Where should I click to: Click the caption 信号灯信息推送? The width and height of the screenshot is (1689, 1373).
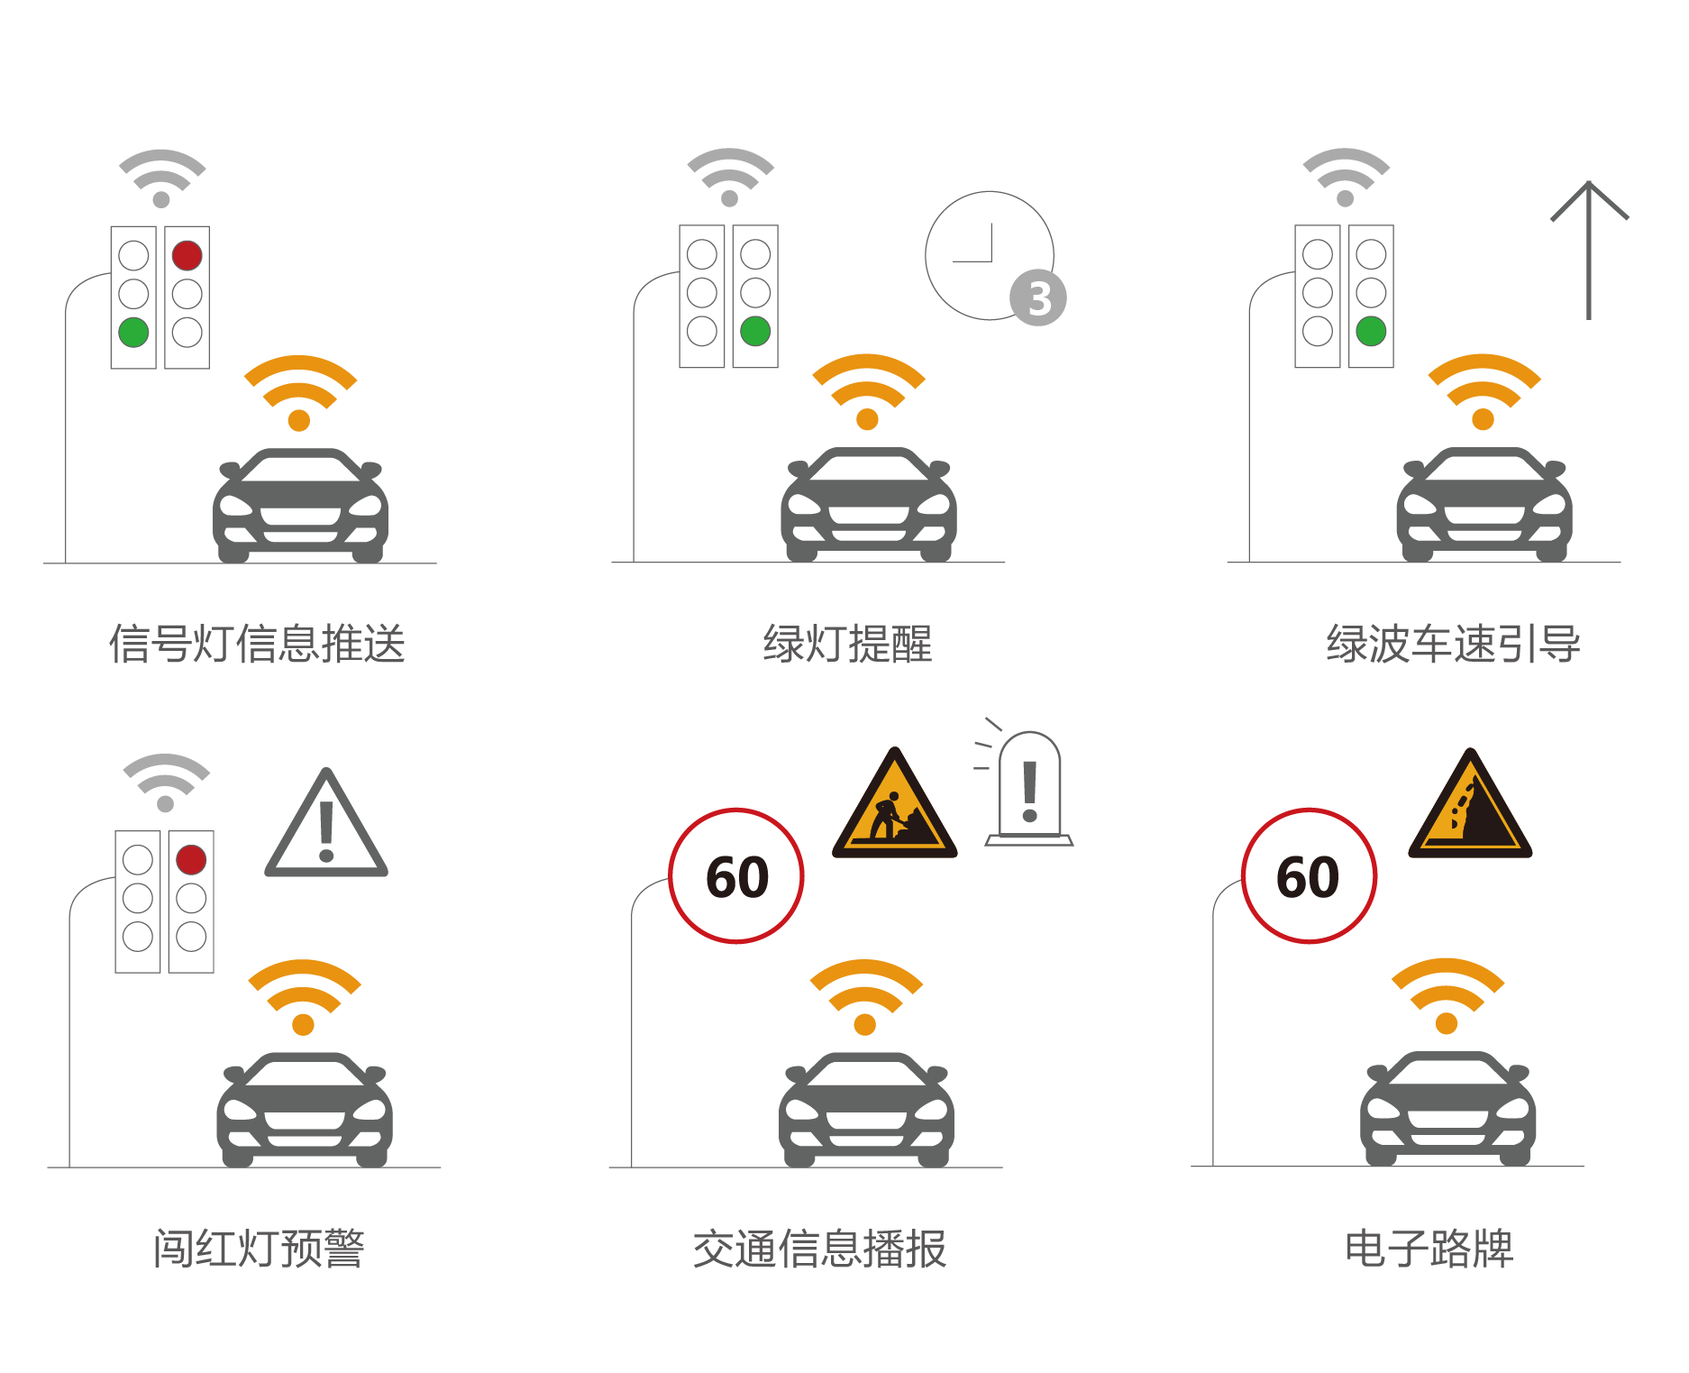258,644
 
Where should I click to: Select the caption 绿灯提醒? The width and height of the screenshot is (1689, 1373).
847,644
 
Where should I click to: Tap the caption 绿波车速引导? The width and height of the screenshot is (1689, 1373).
1453,644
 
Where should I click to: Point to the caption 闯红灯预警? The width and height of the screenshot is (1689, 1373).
259,1249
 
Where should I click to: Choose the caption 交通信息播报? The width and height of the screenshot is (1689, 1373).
820,1249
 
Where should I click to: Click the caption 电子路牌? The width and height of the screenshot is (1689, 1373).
1429,1249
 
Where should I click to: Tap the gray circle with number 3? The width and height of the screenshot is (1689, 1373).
1038,298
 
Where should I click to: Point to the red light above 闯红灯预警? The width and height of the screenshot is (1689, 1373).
191,859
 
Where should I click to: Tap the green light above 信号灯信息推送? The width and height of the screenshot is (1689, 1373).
133,332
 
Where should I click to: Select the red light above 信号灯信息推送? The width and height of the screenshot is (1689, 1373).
187,255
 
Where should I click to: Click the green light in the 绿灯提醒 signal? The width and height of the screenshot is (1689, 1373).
755,331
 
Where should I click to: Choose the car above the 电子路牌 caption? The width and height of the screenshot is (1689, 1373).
1448,1109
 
